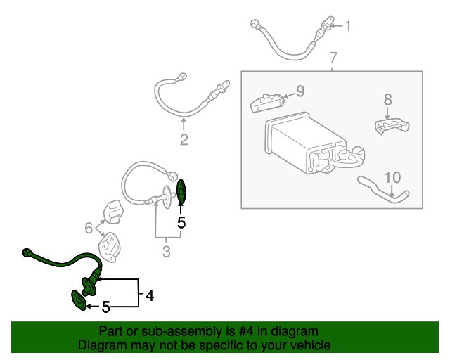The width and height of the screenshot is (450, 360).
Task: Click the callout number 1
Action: pyautogui.click(x=347, y=27)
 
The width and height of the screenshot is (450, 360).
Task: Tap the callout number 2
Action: pyautogui.click(x=184, y=139)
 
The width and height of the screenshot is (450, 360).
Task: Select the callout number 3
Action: pyautogui.click(x=167, y=250)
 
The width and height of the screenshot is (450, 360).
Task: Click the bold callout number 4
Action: pyautogui.click(x=149, y=296)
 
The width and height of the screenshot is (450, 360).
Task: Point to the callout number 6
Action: pyautogui.click(x=89, y=228)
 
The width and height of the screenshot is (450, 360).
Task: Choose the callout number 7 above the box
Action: pyautogui.click(x=333, y=57)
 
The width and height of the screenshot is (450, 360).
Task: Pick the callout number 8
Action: pyautogui.click(x=387, y=100)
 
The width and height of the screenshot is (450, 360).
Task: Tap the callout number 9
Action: pyautogui.click(x=300, y=91)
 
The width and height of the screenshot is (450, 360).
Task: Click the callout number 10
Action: pyautogui.click(x=392, y=176)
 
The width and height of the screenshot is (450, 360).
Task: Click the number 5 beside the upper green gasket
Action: pyautogui.click(x=181, y=222)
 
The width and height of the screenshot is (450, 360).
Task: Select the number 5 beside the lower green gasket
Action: pyautogui.click(x=106, y=307)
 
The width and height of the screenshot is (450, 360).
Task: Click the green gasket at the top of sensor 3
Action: pyautogui.click(x=181, y=191)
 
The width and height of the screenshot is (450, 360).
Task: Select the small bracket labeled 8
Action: pyautogui.click(x=390, y=126)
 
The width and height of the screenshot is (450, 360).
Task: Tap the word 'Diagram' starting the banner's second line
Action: pyautogui.click(x=103, y=345)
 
